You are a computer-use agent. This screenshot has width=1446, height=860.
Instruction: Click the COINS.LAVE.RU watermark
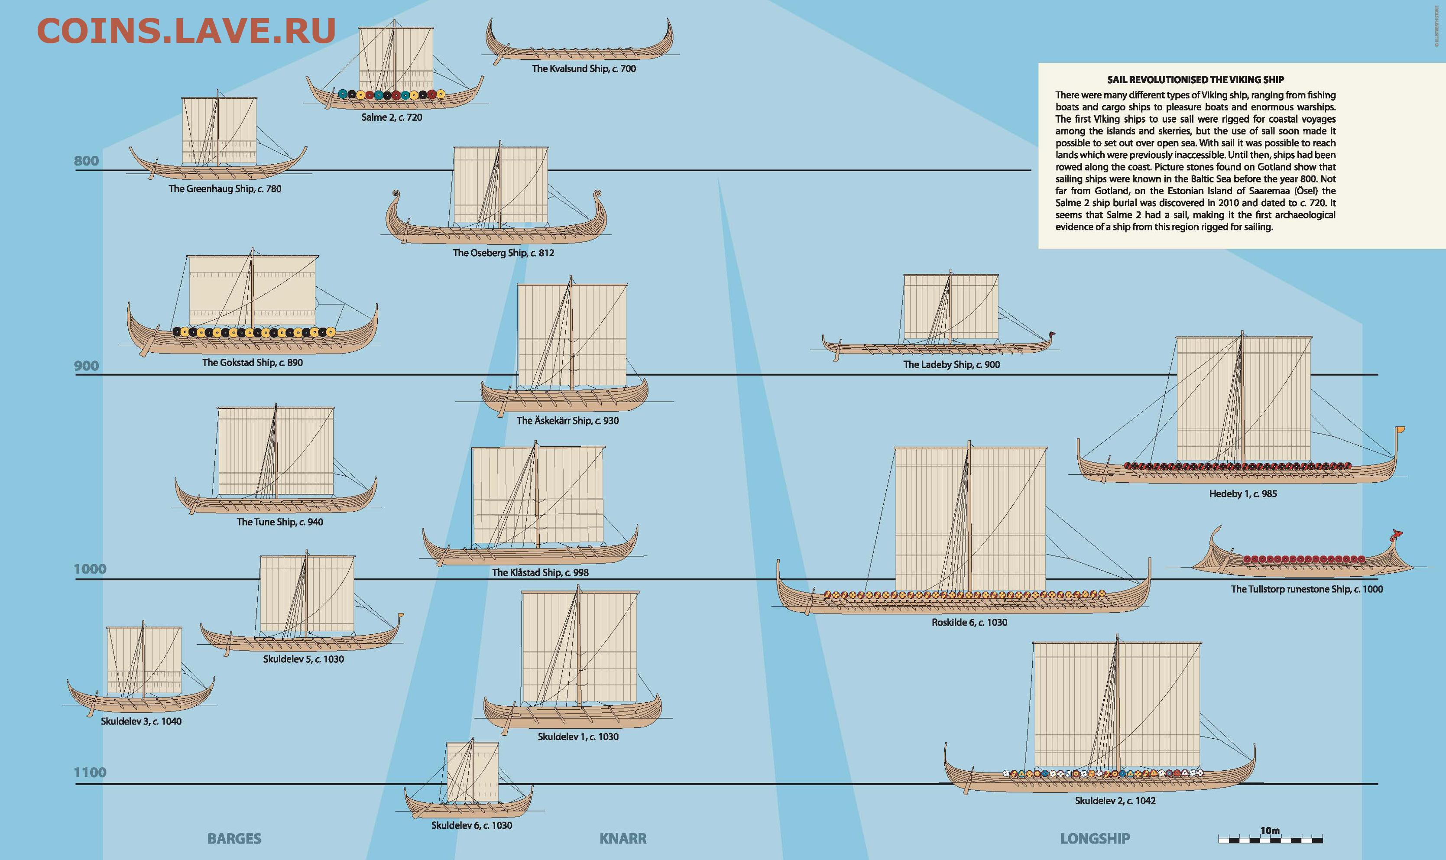click(x=186, y=31)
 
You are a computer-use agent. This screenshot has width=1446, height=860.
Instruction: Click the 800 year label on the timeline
click(x=86, y=161)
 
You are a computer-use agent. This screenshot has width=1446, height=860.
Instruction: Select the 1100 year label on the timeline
click(x=90, y=772)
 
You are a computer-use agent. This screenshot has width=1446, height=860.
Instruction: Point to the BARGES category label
click(x=234, y=839)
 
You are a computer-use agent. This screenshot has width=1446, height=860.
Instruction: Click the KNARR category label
click(x=623, y=839)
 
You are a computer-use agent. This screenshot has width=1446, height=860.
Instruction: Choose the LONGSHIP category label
click(x=1094, y=839)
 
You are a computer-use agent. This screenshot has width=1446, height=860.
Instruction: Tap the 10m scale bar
click(x=1270, y=838)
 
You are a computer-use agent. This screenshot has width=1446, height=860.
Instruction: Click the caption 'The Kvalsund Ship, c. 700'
click(x=584, y=69)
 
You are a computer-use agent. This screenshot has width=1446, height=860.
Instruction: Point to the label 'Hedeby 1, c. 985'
click(x=1243, y=494)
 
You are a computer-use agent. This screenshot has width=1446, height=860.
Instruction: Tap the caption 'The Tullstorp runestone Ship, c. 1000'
click(x=1307, y=589)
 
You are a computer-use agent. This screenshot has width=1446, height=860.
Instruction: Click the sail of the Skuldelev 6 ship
click(x=472, y=771)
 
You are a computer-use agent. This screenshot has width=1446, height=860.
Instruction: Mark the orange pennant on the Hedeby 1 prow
click(x=1400, y=429)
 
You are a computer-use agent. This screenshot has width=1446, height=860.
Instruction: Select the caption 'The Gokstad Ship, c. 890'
click(x=252, y=363)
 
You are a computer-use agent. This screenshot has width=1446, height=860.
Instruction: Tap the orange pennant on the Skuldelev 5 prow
click(x=400, y=616)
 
